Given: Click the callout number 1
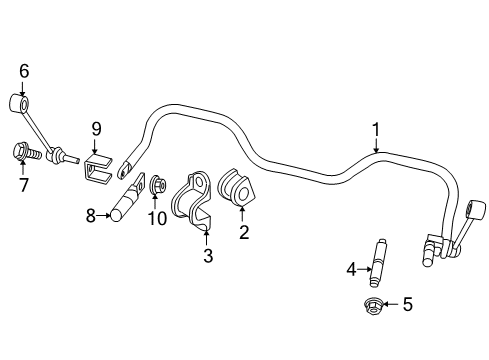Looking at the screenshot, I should [x=376, y=129].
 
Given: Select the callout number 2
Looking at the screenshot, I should [x=242, y=232].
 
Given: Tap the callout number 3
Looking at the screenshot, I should [x=207, y=256].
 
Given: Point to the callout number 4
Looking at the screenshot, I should [x=351, y=268].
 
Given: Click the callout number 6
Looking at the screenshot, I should [x=24, y=71].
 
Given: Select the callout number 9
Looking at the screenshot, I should [x=97, y=128].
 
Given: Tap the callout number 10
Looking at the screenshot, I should [x=157, y=219].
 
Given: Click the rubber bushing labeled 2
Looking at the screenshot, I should [x=236, y=191].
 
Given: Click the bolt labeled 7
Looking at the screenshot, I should [x=26, y=154].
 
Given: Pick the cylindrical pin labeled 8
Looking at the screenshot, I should [x=123, y=204].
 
